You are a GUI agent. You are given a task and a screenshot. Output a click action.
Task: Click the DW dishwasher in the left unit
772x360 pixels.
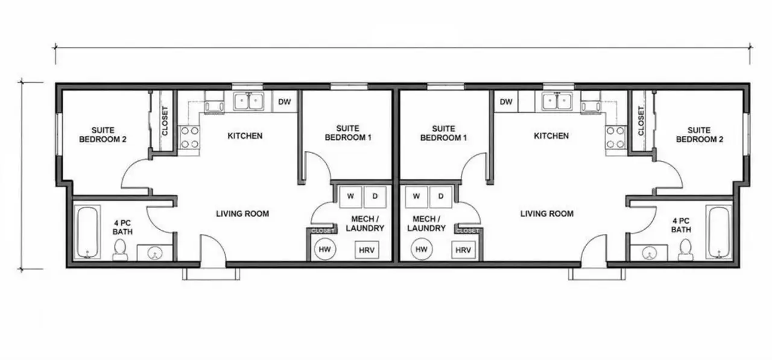285,102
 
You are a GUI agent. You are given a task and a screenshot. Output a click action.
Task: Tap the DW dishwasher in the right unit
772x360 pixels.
506,102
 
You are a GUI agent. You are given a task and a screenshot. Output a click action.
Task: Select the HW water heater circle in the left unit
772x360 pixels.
324,250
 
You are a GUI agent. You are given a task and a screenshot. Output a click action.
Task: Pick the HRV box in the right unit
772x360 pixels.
463,250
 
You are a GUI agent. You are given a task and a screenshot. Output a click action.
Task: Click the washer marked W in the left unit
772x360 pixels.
350,197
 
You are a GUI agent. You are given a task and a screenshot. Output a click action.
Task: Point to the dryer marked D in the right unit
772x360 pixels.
441,197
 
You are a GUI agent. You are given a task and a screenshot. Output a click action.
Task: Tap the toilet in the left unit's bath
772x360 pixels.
120,250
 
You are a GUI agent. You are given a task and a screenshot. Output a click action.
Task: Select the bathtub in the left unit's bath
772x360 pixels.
87,232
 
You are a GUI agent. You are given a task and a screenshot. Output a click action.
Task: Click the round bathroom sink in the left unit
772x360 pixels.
155,253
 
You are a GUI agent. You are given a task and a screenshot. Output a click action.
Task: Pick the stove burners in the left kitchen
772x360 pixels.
189,137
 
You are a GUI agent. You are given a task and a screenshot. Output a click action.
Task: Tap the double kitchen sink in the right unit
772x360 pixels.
557,101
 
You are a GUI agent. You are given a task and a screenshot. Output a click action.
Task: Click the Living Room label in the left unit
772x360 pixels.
242,213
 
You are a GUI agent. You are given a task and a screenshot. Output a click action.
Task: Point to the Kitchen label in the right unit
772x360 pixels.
551,136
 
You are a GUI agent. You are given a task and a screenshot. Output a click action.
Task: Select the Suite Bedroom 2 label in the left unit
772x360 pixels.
103,134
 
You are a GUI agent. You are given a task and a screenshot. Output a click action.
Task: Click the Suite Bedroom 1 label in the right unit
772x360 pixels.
443,133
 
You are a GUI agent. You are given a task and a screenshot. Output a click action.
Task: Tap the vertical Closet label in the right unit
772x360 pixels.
641,121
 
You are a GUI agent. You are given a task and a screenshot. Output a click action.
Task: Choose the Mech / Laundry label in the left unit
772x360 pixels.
365,224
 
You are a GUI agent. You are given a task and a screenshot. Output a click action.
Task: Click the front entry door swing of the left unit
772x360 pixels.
213,248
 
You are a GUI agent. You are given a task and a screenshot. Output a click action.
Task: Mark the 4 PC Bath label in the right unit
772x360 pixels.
681,225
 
